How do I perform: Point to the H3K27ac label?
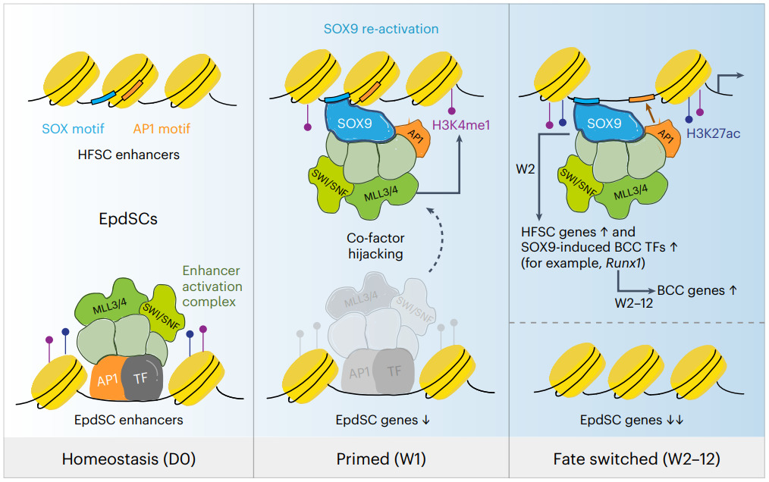click(714, 133)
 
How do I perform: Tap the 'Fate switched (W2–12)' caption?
click(638, 459)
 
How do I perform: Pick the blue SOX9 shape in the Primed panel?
click(357, 122)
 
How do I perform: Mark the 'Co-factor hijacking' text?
click(372, 246)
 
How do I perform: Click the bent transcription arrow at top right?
click(729, 80)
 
